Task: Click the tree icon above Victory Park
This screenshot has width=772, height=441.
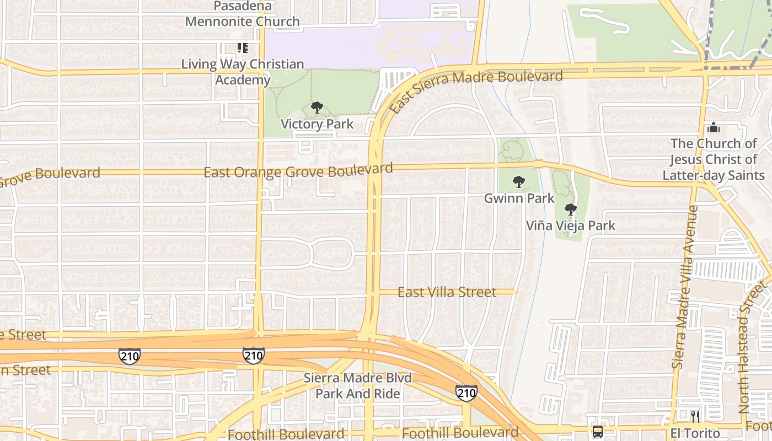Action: click(317, 107)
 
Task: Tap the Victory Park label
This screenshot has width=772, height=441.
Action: click(317, 124)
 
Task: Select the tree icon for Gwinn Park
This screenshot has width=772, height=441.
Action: click(518, 182)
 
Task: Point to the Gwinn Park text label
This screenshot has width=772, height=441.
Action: click(519, 198)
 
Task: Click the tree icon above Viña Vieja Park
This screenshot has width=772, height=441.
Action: click(571, 209)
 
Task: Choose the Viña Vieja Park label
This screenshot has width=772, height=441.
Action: click(570, 225)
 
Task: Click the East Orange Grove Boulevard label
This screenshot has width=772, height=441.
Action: click(298, 170)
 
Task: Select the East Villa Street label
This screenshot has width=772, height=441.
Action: click(447, 292)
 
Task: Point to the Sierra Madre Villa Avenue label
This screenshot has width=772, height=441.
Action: click(685, 287)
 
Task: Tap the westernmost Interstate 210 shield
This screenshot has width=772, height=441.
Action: click(129, 356)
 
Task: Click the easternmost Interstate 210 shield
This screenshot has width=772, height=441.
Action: click(466, 393)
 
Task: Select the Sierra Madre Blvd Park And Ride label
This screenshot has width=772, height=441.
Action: click(358, 386)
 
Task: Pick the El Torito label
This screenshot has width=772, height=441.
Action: click(695, 433)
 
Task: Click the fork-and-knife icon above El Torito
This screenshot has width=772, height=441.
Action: click(695, 416)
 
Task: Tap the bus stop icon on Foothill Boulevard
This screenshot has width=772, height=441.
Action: click(597, 432)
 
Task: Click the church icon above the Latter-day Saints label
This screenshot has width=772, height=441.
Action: click(713, 128)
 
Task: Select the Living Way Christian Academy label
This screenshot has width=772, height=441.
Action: click(243, 72)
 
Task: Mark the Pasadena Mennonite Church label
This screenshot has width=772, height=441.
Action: click(243, 14)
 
